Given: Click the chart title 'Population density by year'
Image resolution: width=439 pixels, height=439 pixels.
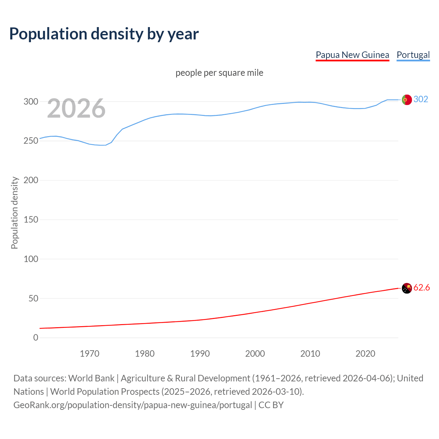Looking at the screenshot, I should (104, 34).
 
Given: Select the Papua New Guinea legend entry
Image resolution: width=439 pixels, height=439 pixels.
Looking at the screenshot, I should (352, 55).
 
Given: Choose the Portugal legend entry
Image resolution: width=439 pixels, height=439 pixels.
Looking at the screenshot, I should (413, 55).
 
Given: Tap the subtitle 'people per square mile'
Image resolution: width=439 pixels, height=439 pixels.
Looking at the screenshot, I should (219, 73).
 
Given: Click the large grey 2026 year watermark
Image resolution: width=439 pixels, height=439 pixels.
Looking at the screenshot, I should (76, 108).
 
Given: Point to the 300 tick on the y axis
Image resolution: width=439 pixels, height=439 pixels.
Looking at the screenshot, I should (31, 102).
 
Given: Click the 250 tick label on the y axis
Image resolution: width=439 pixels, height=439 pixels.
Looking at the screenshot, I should (31, 141).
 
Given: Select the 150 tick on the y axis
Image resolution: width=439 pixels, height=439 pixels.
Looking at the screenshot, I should (31, 219).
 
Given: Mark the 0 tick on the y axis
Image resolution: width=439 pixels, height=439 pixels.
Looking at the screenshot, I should (36, 337).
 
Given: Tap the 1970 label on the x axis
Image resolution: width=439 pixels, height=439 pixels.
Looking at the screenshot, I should (90, 354).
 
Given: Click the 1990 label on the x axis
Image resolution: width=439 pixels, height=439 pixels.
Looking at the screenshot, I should (200, 354).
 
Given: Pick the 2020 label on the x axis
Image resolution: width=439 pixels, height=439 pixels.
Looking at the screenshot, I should (365, 354).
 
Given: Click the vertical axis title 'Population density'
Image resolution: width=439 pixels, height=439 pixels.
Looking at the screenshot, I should (14, 213).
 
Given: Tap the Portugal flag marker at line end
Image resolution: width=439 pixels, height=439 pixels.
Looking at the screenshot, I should (407, 100).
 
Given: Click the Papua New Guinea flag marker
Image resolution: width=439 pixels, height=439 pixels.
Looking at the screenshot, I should (407, 288).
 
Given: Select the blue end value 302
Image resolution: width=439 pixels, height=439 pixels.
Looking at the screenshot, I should (421, 99).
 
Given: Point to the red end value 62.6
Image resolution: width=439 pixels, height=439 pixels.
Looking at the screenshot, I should (422, 287).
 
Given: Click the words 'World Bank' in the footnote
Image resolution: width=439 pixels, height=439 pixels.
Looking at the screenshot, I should (91, 378).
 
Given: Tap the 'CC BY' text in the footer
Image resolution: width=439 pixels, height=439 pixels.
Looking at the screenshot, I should (271, 405).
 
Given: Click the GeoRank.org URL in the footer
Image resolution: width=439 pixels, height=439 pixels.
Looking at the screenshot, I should (133, 405).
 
